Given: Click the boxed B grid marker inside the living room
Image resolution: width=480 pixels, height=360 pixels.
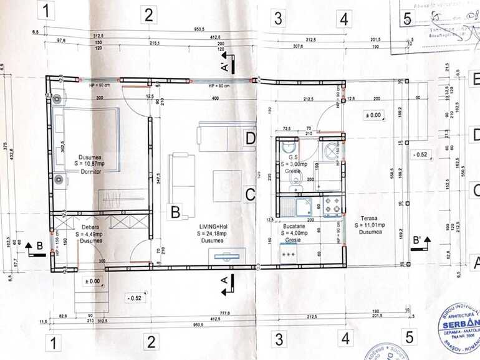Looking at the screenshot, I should coord(176,212).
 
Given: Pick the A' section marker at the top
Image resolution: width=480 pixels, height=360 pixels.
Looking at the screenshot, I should coord(222,62).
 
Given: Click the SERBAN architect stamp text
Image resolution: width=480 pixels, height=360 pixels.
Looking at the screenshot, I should coord(460,325).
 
